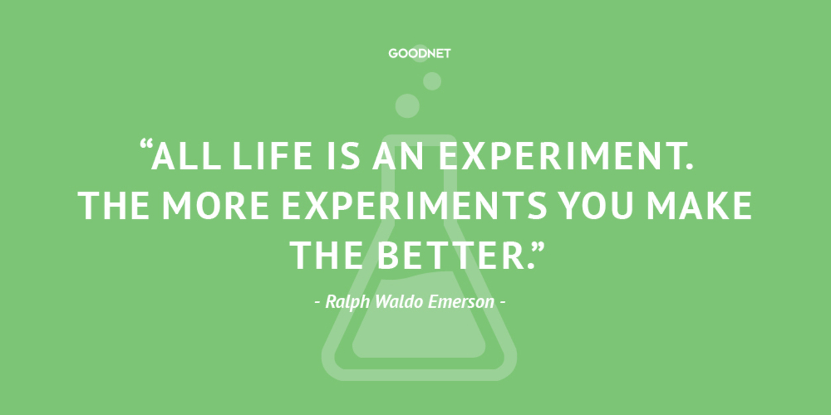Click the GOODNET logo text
[419, 54]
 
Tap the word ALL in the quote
[187, 156]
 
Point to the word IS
[343, 156]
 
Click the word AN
[398, 156]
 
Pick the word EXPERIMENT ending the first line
[566, 156]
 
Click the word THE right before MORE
[113, 206]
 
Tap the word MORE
[216, 206]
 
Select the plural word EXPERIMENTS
[415, 206]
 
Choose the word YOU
[597, 206]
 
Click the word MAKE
[700, 206]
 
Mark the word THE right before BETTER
[326, 255]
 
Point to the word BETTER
[455, 255]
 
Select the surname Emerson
[461, 302]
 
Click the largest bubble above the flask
[408, 106]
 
